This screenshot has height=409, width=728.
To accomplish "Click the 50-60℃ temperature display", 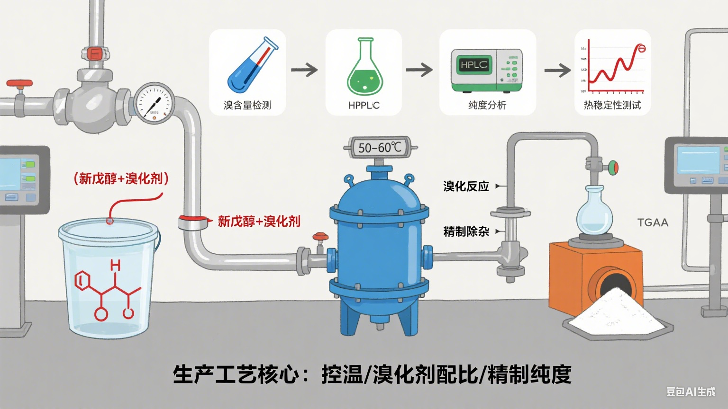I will coord(380,148).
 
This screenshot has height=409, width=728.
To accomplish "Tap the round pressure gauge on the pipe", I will coord(154,103).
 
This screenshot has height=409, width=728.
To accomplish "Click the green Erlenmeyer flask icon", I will coord(364,67).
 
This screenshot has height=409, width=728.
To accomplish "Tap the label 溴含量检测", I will coord(247,105).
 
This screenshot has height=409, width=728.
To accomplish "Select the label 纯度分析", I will coord(487,105).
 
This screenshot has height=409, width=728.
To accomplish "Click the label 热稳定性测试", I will coord(612,105).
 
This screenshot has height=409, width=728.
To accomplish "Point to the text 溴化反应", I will coord(466,187).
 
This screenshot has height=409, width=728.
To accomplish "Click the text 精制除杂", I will coord(466,231).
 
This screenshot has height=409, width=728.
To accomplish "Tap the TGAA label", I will coord(653,222).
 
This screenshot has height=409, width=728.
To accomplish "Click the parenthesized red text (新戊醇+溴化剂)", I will coord(121,178).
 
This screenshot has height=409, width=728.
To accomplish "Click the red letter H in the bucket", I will coord(115,266).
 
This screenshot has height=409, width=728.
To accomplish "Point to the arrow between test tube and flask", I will coord(304,71).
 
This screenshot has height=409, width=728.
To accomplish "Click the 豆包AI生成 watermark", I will coord(691,391).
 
